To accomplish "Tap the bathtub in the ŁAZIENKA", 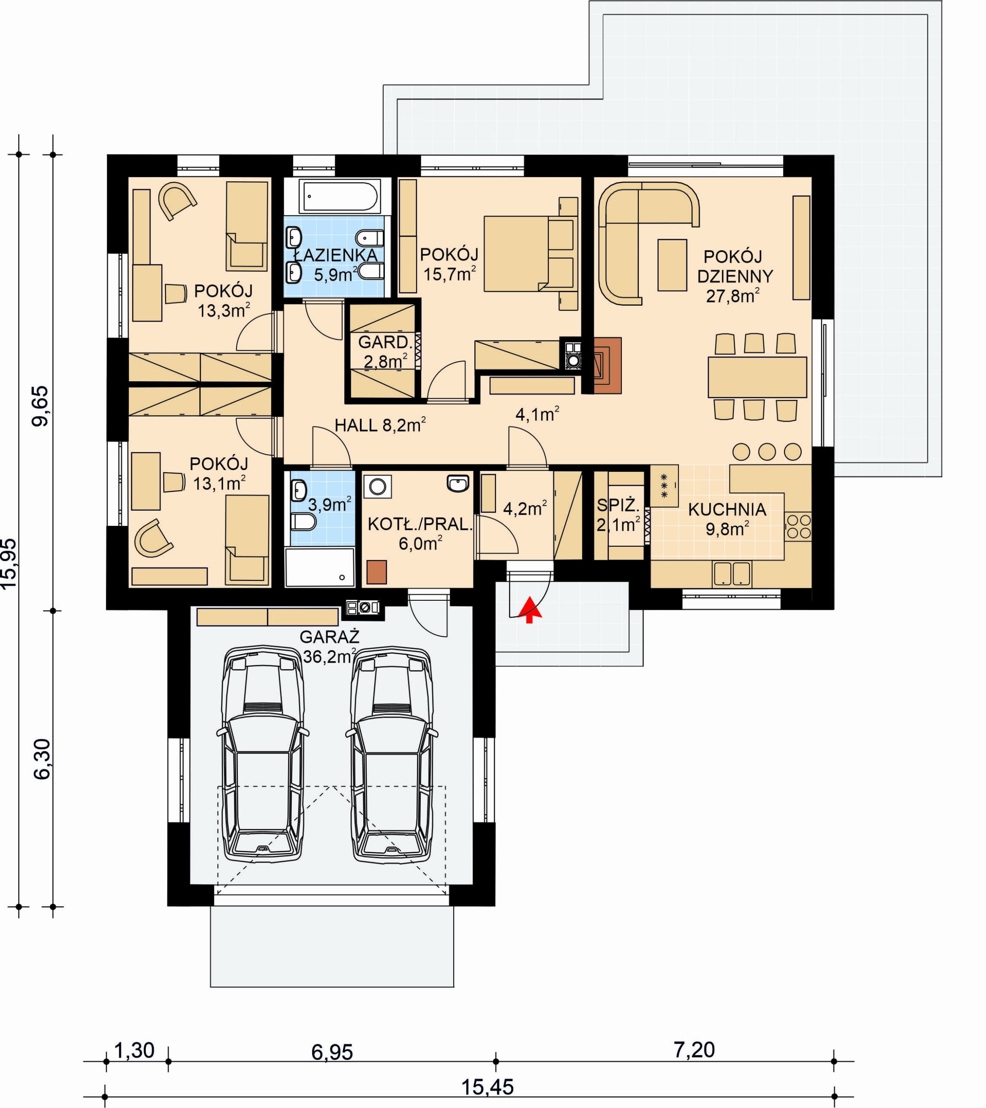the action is (340, 196).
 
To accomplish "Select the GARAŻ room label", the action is (330, 636).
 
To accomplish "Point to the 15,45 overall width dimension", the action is (487, 1087).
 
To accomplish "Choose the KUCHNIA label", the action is (727, 509).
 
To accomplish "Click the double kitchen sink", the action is (733, 574).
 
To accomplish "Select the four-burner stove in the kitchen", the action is (798, 527).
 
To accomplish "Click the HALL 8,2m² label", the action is (380, 425).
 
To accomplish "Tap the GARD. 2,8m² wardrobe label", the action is (385, 352).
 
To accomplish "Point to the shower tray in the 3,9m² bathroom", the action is (320, 567).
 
